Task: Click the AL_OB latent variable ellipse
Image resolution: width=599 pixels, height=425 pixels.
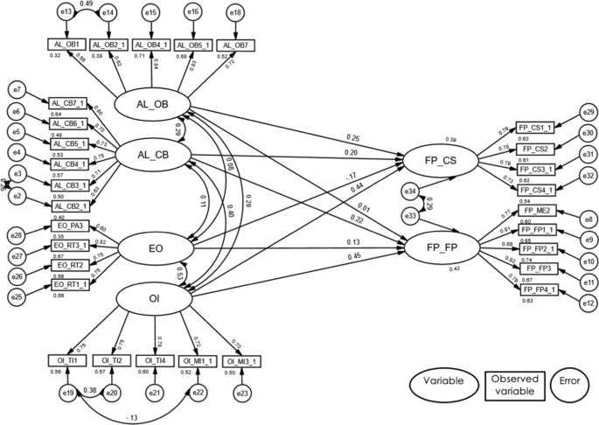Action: [154, 105]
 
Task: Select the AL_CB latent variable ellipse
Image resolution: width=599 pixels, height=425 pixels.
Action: [154, 156]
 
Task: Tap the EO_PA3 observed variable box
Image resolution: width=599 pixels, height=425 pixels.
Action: [69, 226]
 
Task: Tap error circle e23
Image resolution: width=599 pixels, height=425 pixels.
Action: [242, 394]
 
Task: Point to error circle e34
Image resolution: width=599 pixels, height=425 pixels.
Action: [408, 190]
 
